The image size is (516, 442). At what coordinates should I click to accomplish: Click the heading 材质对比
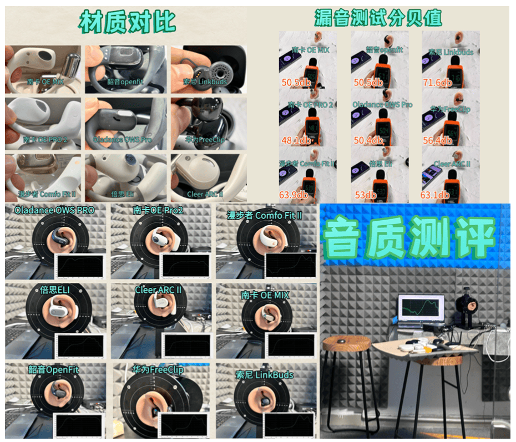[127, 22]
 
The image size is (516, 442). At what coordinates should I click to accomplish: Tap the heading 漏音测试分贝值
[378, 18]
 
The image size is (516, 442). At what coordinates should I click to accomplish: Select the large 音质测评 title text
[409, 238]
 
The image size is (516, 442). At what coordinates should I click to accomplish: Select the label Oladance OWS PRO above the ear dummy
[54, 211]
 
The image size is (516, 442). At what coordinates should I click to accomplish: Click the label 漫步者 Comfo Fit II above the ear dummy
[265, 215]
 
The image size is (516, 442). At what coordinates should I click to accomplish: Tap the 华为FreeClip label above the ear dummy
[158, 369]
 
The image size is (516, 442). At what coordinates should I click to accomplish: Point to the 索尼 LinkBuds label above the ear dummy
[264, 375]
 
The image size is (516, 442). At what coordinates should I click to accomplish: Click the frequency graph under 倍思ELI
[81, 346]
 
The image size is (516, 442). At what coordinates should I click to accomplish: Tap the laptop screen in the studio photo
[421, 308]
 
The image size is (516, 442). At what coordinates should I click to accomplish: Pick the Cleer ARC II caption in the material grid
[205, 194]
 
